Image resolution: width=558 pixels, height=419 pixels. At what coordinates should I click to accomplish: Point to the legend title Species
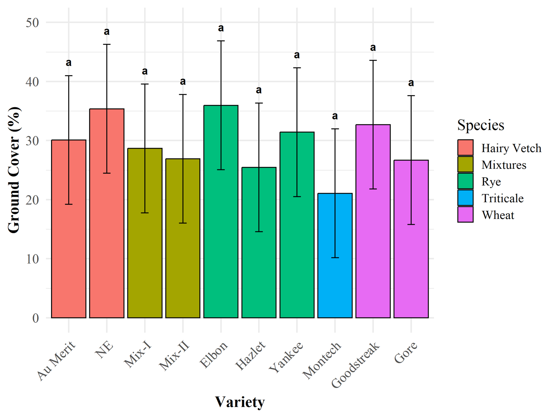481,125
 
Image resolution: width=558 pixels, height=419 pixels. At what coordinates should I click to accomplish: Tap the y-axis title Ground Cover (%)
14,170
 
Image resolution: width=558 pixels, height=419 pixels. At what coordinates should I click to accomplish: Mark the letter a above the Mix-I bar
145,71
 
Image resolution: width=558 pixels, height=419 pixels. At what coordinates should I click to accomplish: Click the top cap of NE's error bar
107,44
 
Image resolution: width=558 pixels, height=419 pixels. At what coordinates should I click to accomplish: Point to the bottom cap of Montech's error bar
335,258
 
